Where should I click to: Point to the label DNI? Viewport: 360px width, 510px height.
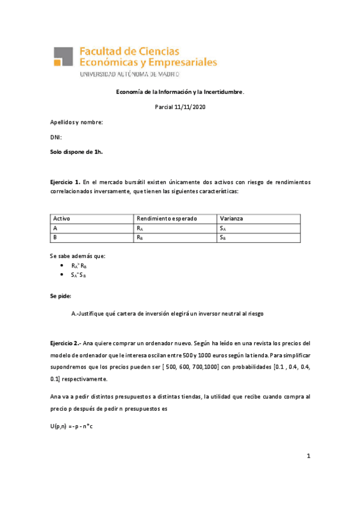point(56,138)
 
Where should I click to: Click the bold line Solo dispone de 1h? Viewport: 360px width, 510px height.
point(76,152)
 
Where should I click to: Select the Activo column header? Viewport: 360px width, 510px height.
point(62,218)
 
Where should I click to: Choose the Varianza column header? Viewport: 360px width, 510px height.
point(231,218)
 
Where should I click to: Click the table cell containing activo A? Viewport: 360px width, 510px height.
point(56,228)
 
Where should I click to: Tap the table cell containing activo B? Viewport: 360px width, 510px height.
point(56,238)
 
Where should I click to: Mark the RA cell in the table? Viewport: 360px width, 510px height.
point(140,229)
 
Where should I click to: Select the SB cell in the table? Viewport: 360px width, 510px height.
point(222,238)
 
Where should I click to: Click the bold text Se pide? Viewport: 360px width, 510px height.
point(61,296)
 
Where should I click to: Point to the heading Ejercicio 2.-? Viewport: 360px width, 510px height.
point(66,342)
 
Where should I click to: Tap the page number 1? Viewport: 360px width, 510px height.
point(308,456)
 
